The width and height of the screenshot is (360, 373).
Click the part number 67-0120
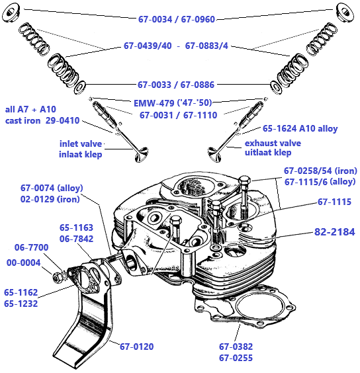[136, 347]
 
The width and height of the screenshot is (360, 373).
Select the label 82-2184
[335, 232]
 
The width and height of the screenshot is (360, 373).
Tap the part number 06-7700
[31, 247]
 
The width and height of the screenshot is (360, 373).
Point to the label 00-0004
[24, 263]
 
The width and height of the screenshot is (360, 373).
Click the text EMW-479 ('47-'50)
[173, 103]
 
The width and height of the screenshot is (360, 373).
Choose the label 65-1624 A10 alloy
[300, 129]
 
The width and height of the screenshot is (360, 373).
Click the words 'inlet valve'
[81, 144]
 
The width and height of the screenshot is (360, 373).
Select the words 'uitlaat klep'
[268, 152]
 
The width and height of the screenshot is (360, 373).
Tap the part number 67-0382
[236, 347]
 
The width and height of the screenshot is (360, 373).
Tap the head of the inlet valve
[142, 155]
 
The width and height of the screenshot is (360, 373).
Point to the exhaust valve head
[215, 155]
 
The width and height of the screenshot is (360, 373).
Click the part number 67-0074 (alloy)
[52, 188]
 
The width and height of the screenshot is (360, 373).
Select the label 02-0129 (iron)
[50, 199]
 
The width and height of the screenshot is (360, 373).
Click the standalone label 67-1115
[335, 202]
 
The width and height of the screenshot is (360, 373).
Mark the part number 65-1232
[21, 304]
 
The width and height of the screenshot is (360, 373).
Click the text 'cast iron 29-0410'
[42, 120]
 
